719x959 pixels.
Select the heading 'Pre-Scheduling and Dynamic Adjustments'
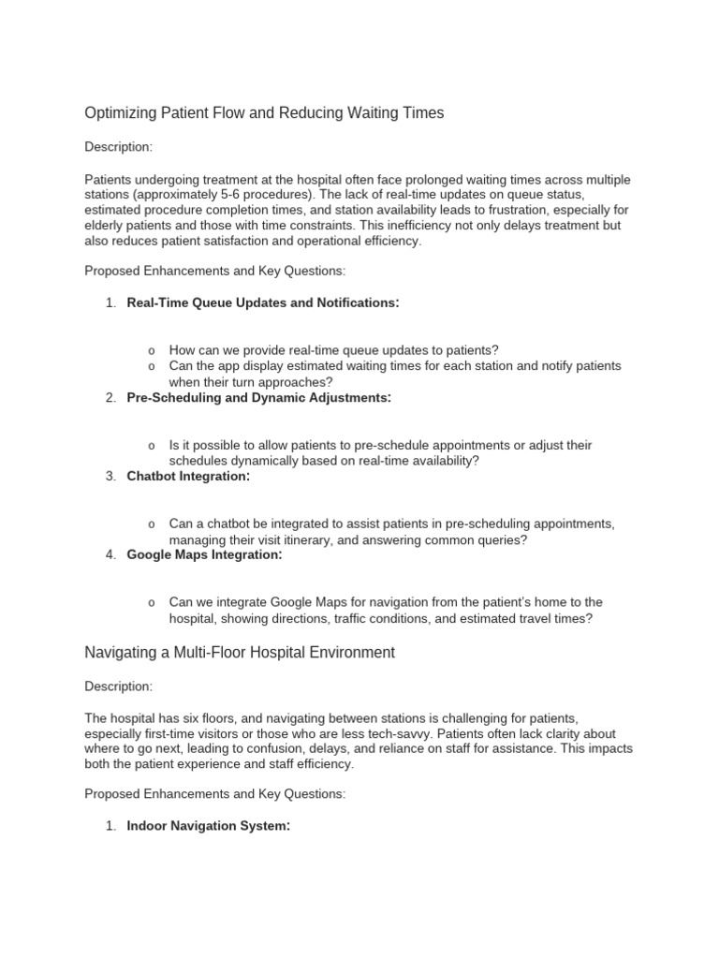(x=258, y=397)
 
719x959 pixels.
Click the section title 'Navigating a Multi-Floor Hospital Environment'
(x=240, y=652)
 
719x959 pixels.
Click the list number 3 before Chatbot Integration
(x=110, y=477)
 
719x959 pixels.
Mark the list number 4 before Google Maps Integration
(x=110, y=555)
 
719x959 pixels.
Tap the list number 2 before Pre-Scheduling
(x=110, y=398)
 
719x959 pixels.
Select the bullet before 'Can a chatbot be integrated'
(x=152, y=524)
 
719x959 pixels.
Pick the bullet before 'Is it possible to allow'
(x=152, y=446)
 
